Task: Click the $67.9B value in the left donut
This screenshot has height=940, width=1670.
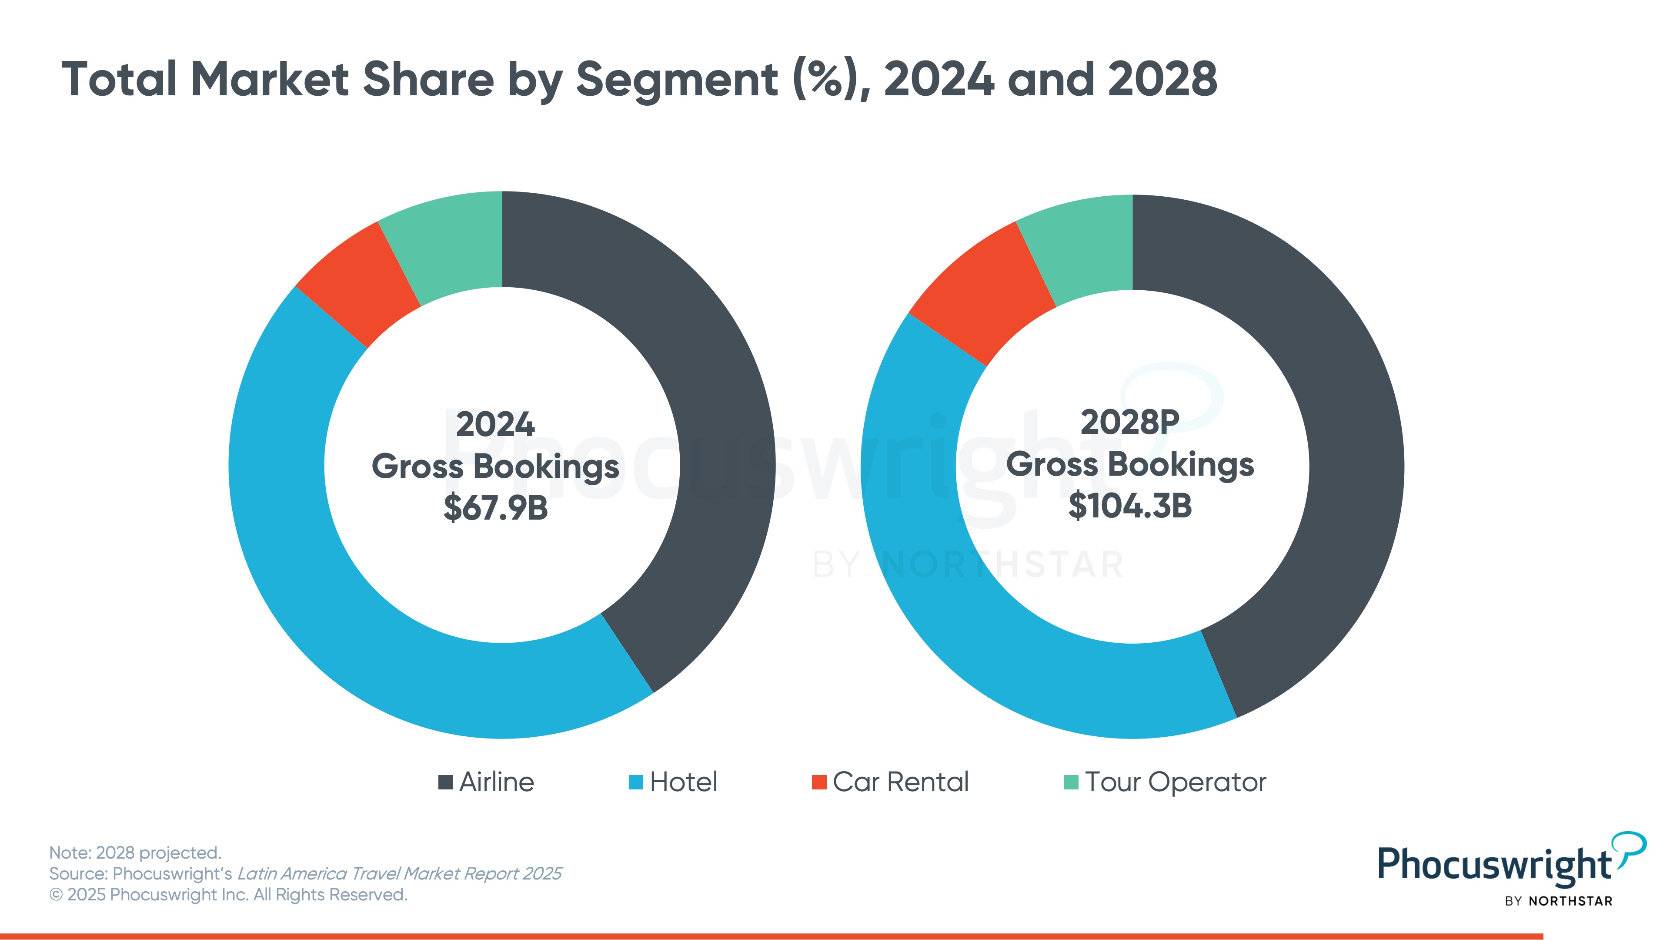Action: coord(496,508)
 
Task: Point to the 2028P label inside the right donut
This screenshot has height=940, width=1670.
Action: coord(1130,422)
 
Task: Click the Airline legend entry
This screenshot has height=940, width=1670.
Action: coord(487,782)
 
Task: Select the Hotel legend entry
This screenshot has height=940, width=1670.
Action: coord(674,782)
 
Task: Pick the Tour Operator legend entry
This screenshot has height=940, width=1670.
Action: coord(1165,782)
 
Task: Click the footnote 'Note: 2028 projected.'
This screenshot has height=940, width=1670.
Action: coord(136,853)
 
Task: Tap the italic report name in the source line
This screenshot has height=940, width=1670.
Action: coord(399,874)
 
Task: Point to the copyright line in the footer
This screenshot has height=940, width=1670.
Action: coord(228,895)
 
